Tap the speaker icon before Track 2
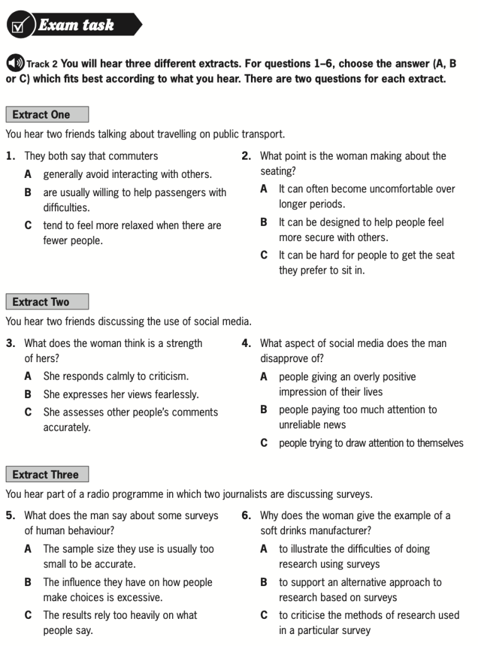point(15,64)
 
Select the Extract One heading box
point(47,115)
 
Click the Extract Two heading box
point(47,302)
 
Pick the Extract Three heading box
point(47,474)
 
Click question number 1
point(9,156)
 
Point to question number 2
point(247,156)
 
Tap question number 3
point(9,343)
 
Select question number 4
point(247,343)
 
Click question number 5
point(9,515)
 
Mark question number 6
point(247,515)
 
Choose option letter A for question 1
point(28,174)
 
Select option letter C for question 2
point(264,255)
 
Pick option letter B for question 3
point(28,394)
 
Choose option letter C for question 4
point(264,443)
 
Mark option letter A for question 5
point(28,549)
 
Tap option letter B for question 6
point(264,582)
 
